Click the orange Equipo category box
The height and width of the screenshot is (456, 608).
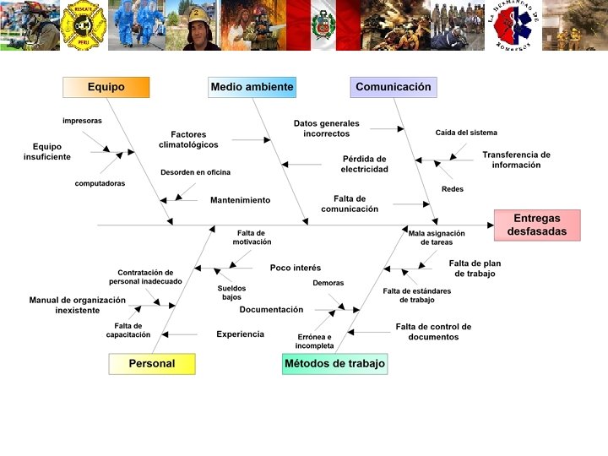click(x=106, y=87)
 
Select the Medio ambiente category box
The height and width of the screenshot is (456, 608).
click(x=252, y=87)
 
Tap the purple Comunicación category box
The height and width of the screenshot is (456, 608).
click(x=393, y=87)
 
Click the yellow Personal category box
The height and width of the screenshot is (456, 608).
click(x=152, y=364)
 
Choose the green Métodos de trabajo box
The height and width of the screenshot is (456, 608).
click(x=334, y=364)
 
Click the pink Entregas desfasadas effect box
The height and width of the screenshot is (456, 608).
click(x=537, y=225)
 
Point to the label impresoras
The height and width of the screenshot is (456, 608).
click(x=82, y=121)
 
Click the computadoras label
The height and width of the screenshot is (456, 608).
click(x=100, y=183)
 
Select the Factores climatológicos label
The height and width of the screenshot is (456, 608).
click(x=188, y=139)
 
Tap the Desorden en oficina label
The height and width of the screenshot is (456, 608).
click(x=195, y=172)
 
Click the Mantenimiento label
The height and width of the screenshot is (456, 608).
click(x=240, y=200)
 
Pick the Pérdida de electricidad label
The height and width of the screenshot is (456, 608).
click(x=365, y=164)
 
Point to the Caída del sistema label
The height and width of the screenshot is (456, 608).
click(x=466, y=133)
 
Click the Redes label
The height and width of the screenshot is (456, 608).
click(x=453, y=189)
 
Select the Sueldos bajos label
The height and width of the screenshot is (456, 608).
click(x=231, y=292)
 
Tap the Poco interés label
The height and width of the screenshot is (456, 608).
click(x=296, y=268)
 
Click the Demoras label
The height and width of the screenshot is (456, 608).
click(x=328, y=283)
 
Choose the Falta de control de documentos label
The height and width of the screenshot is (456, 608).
click(x=433, y=332)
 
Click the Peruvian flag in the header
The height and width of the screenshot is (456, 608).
click(x=323, y=24)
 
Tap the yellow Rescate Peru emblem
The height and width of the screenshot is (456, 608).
click(x=84, y=25)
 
